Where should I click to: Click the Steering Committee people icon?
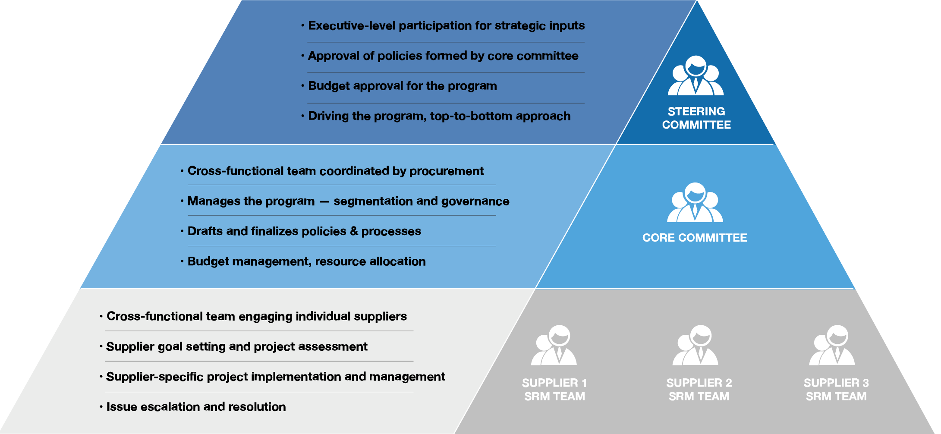pos(696,75)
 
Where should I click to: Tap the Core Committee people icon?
pos(695,202)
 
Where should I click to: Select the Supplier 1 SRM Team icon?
pos(554,345)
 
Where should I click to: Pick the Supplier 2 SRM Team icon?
pos(696,345)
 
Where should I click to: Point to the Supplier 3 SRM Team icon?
pos(832,345)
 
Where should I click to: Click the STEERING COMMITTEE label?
pos(696,118)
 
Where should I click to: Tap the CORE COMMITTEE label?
pos(695,238)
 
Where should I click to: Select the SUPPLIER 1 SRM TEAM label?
pos(554,390)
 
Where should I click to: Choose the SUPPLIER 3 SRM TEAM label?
pos(836,390)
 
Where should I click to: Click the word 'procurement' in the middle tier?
pos(447,171)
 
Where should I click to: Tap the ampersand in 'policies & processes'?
pos(354,231)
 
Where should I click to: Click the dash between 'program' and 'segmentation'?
pos(324,201)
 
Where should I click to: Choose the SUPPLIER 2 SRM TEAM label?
pos(699,390)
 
